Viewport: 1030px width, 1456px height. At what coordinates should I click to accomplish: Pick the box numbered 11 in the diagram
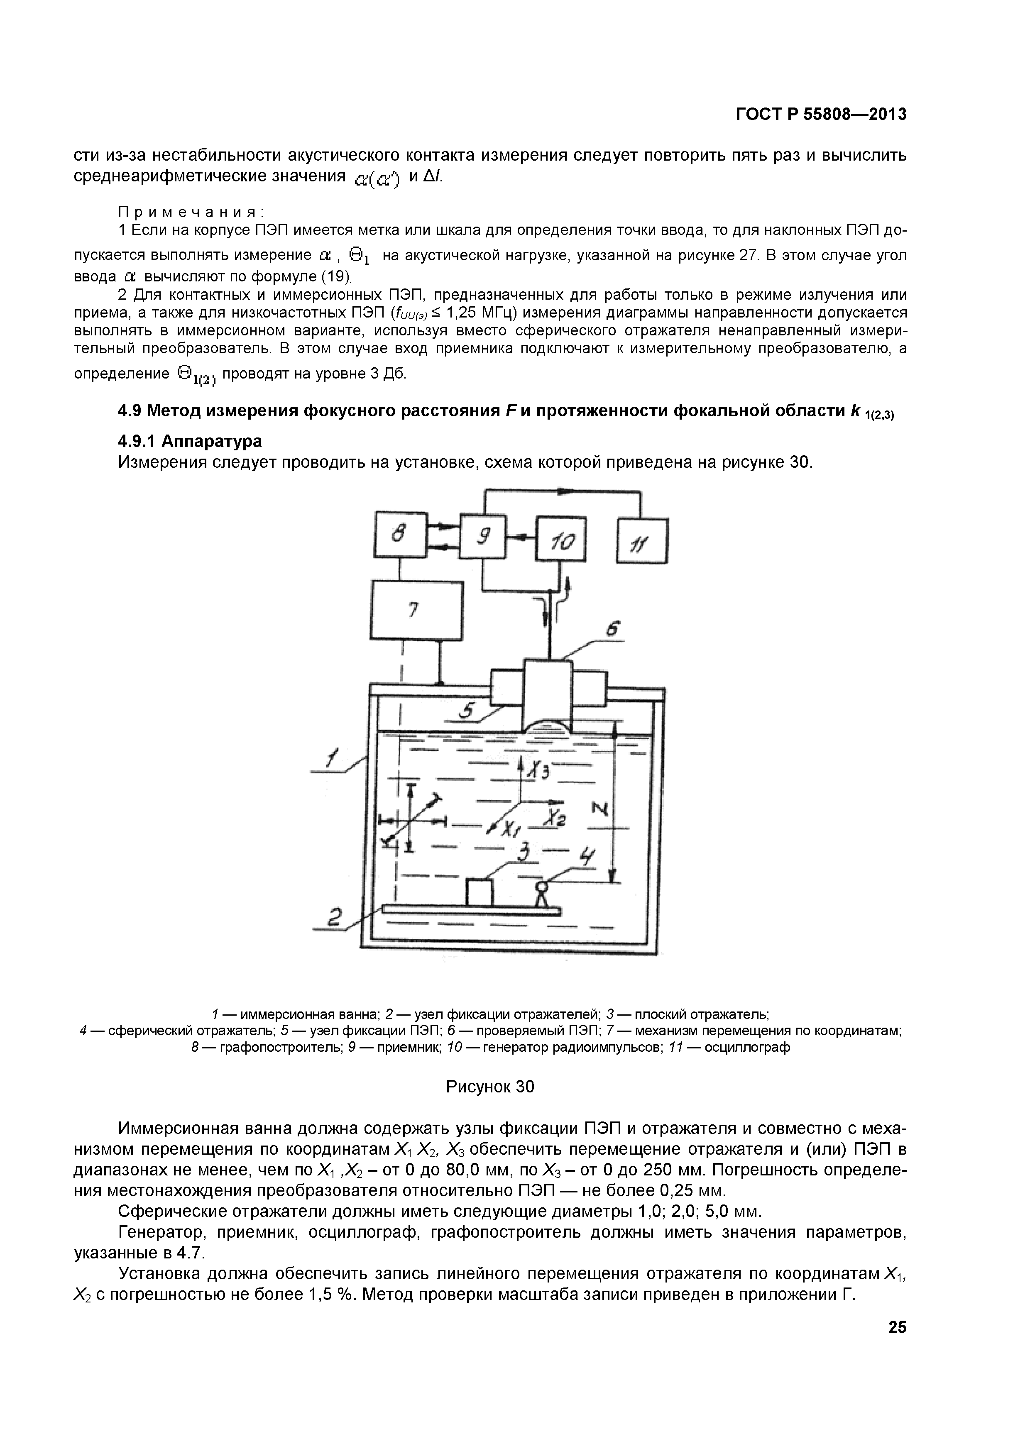[642, 541]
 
